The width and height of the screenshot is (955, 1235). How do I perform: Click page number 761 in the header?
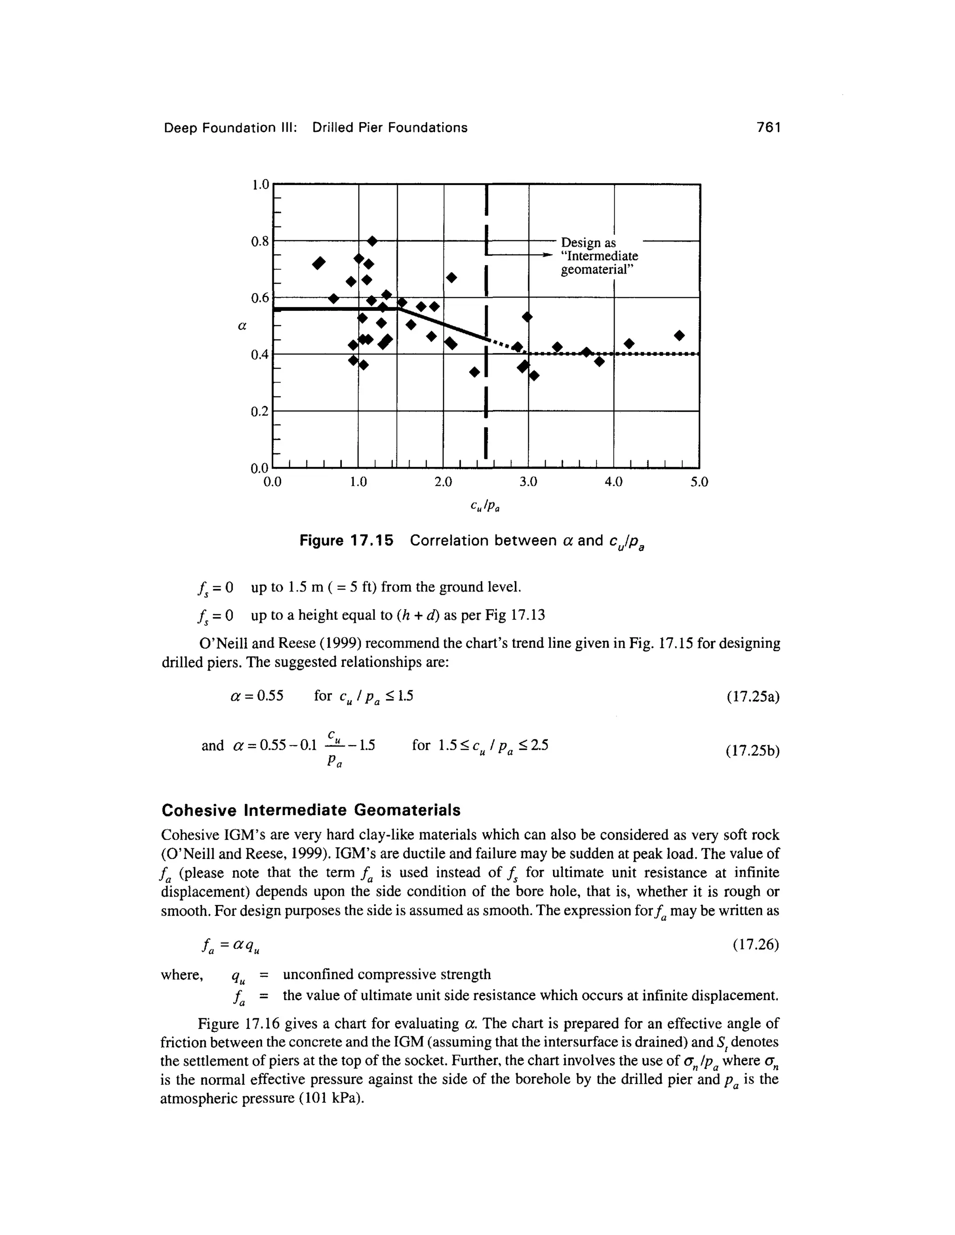tap(768, 128)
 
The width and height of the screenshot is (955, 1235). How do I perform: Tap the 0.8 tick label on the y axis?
tap(260, 242)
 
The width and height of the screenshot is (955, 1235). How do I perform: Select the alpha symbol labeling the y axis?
tap(242, 326)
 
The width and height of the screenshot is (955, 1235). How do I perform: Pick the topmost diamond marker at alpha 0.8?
tap(372, 241)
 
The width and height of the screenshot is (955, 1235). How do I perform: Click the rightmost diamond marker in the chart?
tap(679, 336)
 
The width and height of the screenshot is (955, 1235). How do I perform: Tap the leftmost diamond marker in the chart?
tap(319, 263)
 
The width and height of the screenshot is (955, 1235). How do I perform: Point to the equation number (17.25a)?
tap(753, 697)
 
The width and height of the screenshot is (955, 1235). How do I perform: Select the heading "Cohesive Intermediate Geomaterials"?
tap(311, 810)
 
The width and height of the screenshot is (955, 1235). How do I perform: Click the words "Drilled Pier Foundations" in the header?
tap(390, 128)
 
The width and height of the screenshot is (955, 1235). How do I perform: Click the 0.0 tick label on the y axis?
tap(260, 469)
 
